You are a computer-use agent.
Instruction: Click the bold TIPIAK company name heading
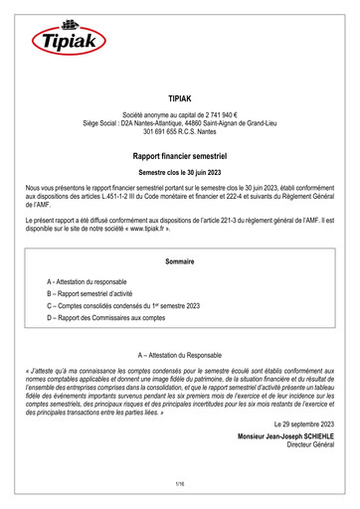180,100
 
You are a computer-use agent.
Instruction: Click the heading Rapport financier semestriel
180,156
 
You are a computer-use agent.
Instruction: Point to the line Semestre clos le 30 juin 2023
180,173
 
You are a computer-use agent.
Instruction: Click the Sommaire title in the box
180,260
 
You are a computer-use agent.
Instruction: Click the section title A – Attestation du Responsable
180,355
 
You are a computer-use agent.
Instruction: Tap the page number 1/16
180,483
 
